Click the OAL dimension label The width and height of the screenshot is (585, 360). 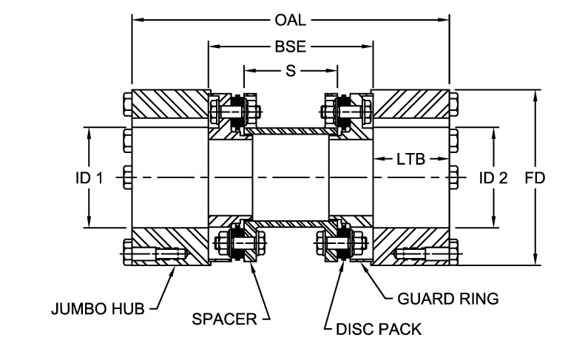291,20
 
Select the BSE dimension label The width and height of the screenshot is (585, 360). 290,46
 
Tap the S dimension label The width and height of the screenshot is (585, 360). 291,71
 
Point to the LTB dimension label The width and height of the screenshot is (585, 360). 410,159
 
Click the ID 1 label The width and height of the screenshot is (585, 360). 89,178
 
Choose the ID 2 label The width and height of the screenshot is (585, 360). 493,178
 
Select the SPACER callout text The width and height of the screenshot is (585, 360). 224,320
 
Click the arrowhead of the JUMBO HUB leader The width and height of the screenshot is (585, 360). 175,268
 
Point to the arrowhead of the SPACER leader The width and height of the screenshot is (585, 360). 253,265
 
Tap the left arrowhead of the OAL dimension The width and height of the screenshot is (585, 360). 135,20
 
